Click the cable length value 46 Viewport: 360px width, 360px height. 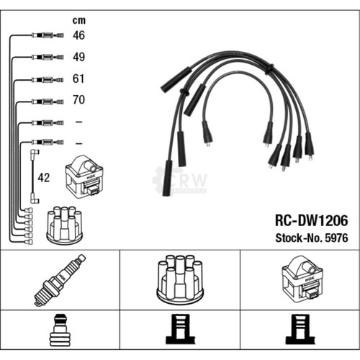78,35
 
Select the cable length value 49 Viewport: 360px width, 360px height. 78,57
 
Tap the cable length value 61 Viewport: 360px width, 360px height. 78,78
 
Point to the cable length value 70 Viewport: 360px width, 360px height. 78,99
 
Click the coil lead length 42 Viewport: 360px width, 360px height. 44,178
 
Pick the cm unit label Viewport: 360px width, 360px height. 79,21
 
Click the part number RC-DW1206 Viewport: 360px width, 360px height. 311,220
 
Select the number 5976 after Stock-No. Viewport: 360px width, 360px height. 336,238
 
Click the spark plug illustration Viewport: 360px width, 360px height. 60,280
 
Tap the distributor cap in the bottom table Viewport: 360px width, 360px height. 180,279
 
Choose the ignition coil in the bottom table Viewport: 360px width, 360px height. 302,278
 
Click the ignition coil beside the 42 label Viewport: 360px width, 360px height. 84,176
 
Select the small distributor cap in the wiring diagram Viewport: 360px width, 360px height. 64,224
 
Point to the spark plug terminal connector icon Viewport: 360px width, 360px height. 60,330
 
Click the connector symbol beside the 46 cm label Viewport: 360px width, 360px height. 48,35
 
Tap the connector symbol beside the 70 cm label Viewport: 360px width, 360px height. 48,102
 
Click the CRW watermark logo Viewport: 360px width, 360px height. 179,181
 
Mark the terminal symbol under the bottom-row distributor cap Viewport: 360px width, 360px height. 181,329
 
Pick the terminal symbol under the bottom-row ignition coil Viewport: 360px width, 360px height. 300,329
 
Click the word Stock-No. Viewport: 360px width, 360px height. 299,238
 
